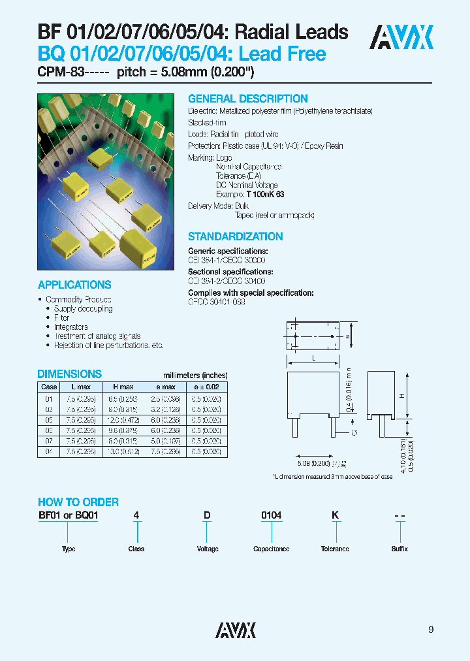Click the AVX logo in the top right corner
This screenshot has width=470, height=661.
[x=401, y=37]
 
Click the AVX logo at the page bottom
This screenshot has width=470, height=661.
[x=236, y=629]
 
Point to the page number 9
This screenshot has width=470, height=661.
[x=431, y=630]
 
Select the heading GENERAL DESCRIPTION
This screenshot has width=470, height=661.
[x=247, y=99]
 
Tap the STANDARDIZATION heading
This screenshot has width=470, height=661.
[x=235, y=236]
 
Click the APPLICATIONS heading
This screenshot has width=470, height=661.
[x=74, y=285]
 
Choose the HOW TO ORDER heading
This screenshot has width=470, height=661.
[x=78, y=502]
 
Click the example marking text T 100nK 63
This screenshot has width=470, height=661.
[x=265, y=195]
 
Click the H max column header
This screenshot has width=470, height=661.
[x=123, y=387]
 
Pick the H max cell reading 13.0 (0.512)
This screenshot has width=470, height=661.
[x=123, y=452]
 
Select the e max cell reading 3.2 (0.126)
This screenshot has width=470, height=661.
[x=164, y=409]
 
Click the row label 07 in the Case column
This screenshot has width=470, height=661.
[x=48, y=442]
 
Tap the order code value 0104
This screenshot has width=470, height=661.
[x=271, y=515]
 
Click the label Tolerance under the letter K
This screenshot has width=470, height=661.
[x=335, y=549]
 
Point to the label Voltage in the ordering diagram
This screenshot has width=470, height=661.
[x=208, y=549]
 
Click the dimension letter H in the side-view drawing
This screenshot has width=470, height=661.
[x=402, y=396]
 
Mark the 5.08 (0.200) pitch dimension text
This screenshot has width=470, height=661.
[x=314, y=462]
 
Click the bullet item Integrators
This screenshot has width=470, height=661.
[x=71, y=327]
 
